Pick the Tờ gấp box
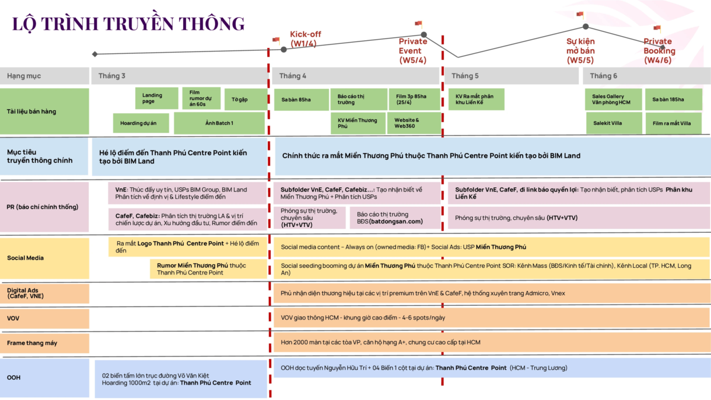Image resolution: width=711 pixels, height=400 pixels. coord(239,99)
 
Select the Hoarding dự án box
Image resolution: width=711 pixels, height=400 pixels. coord(142,123)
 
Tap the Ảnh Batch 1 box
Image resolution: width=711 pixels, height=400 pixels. coord(219,123)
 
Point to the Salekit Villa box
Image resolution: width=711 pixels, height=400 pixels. coord(613,123)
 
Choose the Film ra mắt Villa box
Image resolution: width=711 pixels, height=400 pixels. coord(673,123)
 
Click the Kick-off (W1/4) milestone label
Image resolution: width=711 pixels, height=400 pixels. coord(305,38)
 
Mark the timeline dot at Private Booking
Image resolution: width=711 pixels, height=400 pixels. coord(663,47)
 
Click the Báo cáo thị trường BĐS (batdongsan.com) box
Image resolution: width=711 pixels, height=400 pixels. coord(395,217)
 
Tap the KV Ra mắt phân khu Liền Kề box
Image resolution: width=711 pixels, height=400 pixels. coord(476,99)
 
